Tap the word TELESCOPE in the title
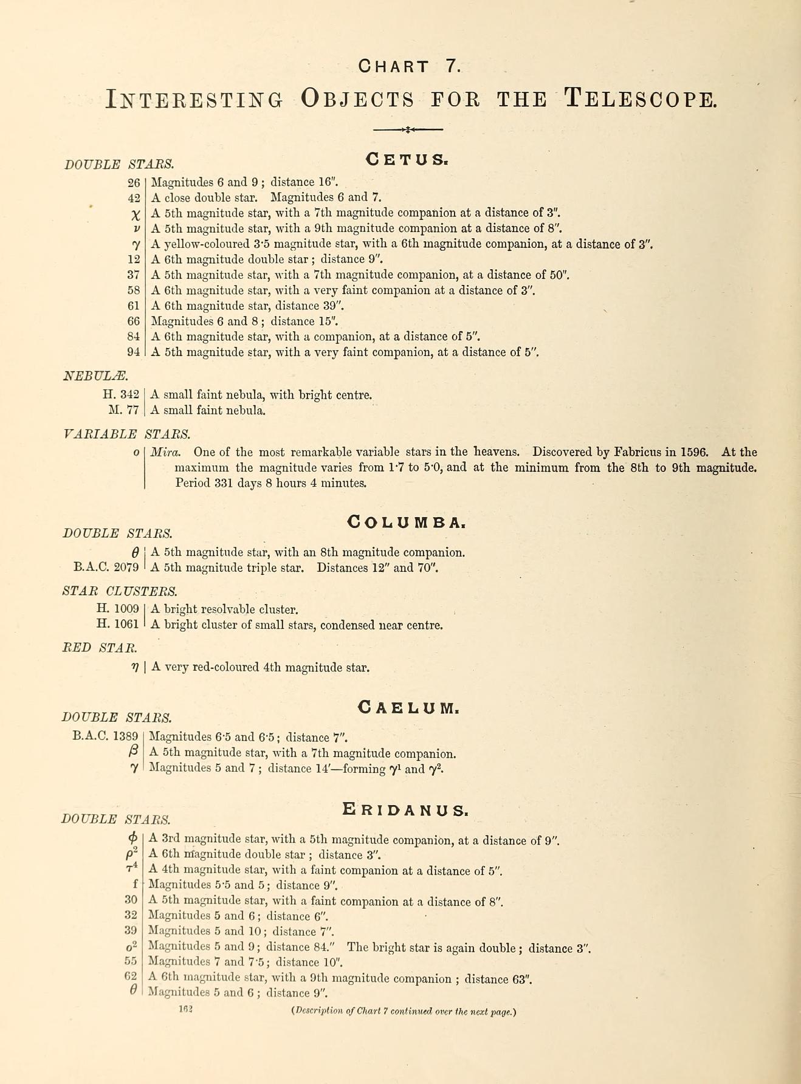tap(641, 98)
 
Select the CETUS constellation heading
tap(407, 159)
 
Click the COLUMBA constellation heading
tap(406, 522)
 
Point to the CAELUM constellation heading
tap(408, 707)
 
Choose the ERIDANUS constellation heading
tap(405, 809)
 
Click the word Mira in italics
tap(165, 452)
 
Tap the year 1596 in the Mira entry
tap(694, 452)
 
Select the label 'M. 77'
tap(124, 410)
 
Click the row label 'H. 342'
tap(121, 395)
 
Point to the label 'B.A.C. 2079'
tap(106, 568)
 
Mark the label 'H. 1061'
tap(118, 624)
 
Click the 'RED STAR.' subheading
tap(100, 648)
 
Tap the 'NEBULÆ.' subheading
tap(95, 376)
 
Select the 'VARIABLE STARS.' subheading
tap(126, 434)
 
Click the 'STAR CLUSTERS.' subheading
tap(120, 591)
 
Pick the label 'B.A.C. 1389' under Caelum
tap(105, 736)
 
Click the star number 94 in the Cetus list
tap(134, 352)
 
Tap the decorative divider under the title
tap(408, 129)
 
